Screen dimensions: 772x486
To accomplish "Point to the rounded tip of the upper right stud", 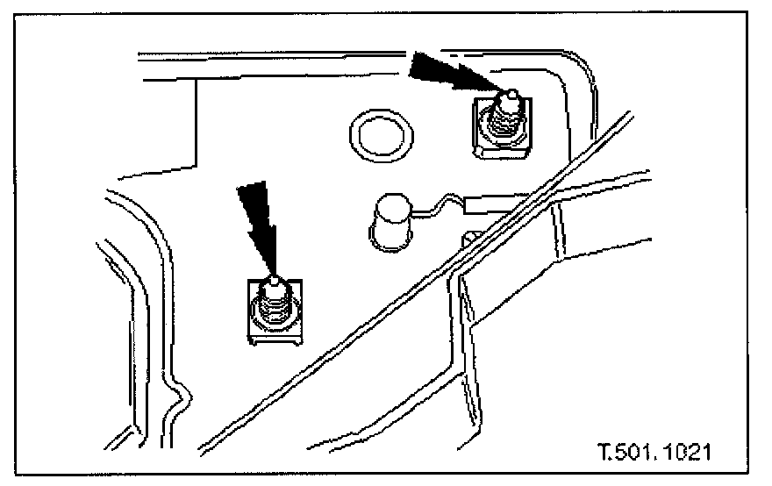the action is click(506, 92).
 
